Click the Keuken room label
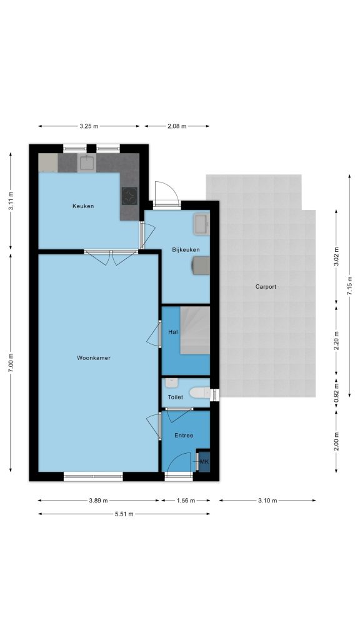tap(83, 206)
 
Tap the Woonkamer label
tap(94, 358)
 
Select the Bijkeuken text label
tap(185, 249)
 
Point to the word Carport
tap(266, 287)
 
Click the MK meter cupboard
tap(204, 462)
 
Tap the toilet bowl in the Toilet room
tap(201, 392)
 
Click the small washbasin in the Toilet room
tap(171, 384)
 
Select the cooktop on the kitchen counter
tap(130, 196)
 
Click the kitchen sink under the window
tap(86, 163)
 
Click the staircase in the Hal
tap(195, 330)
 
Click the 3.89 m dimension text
tap(99, 501)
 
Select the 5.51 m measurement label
tap(124, 514)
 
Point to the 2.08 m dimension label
tap(177, 126)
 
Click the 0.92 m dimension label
tap(336, 394)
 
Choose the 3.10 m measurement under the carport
tap(267, 501)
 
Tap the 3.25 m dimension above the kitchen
tap(89, 126)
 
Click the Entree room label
tap(184, 436)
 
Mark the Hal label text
tap(173, 332)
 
